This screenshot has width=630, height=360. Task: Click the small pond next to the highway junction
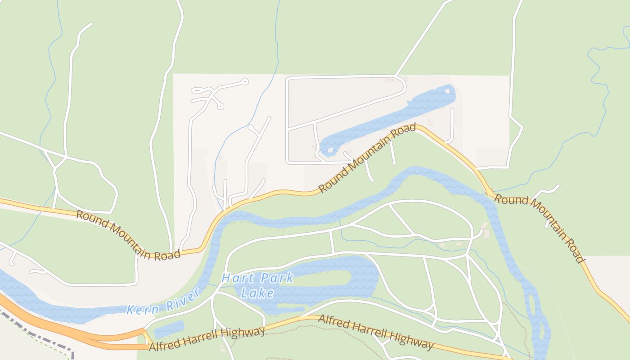[169, 329]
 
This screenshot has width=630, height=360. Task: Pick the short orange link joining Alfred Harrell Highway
[147, 337]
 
